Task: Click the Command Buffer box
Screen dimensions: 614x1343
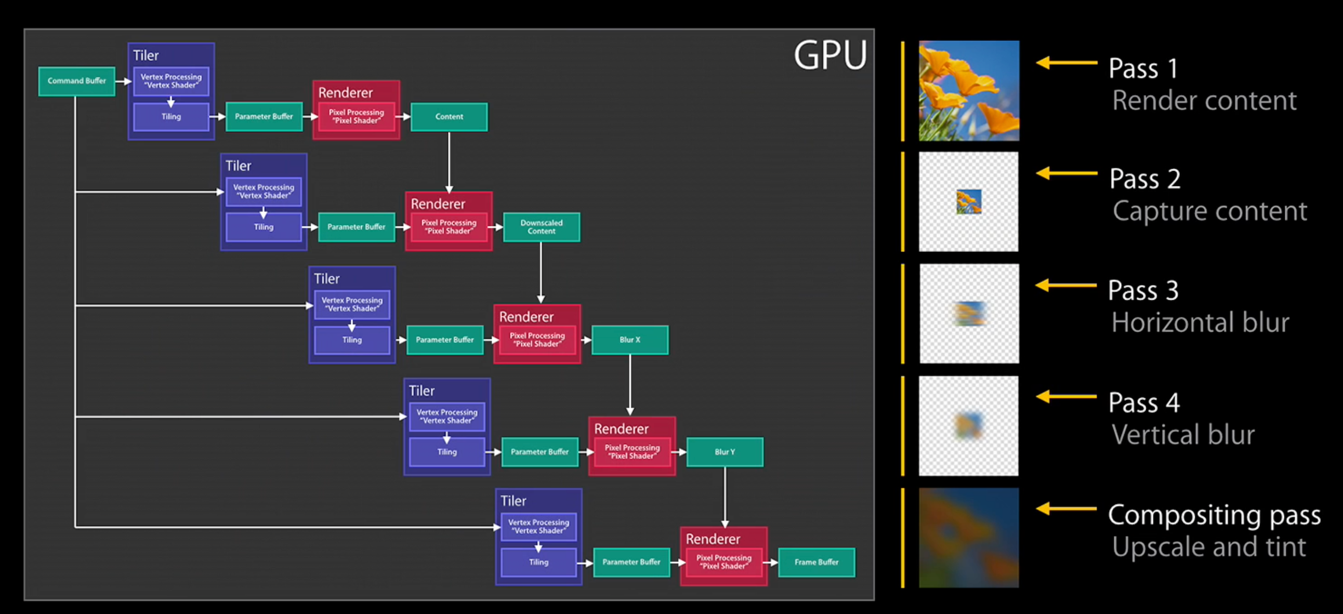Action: [x=76, y=81]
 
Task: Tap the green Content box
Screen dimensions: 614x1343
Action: [x=449, y=117]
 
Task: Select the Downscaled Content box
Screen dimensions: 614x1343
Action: [x=541, y=226]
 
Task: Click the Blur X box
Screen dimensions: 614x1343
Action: [x=630, y=340]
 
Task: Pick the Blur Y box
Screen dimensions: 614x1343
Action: [x=725, y=452]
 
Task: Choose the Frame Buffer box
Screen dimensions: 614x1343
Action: [x=817, y=562]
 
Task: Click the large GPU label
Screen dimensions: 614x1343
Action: [x=830, y=55]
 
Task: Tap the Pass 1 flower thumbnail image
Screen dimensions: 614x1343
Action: [x=969, y=91]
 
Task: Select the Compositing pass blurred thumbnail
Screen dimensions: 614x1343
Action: [x=969, y=538]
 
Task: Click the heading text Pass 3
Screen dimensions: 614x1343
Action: [x=1143, y=290]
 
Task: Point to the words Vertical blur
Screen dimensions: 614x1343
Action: [x=1182, y=435]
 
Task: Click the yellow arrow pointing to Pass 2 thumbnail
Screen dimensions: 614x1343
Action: [x=1066, y=173]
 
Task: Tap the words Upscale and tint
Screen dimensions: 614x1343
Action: [x=1208, y=547]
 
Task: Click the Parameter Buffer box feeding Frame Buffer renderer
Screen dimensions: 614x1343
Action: [x=631, y=562]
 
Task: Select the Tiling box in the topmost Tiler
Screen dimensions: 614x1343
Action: [x=171, y=117]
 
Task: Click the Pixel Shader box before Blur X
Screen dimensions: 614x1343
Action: [x=537, y=340]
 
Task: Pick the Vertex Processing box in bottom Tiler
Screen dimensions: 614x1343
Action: [x=538, y=526]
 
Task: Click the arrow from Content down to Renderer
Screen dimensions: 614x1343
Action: [x=449, y=162]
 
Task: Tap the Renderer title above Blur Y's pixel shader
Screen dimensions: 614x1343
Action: [x=621, y=429]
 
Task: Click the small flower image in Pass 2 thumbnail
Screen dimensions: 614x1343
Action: [x=969, y=202]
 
